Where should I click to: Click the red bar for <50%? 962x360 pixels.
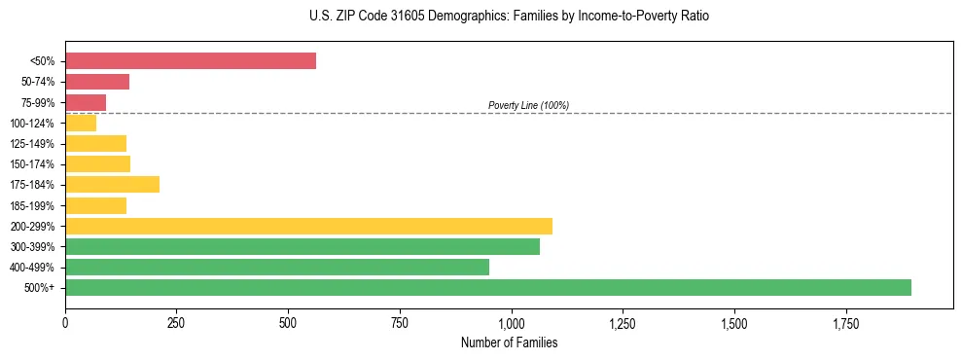pyautogui.click(x=191, y=61)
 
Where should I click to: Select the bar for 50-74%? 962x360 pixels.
pyautogui.click(x=97, y=82)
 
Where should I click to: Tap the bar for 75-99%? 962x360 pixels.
pyautogui.click(x=86, y=102)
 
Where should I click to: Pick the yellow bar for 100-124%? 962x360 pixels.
pyautogui.click(x=81, y=124)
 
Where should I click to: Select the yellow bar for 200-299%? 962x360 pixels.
pyautogui.click(x=308, y=226)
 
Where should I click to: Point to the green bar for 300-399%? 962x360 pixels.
pyautogui.click(x=303, y=247)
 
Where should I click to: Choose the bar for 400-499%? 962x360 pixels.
pyautogui.click(x=277, y=268)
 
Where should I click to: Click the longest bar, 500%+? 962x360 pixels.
pyautogui.click(x=488, y=288)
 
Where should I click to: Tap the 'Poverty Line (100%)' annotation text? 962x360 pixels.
pyautogui.click(x=528, y=105)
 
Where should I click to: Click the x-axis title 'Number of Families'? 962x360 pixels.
pyautogui.click(x=509, y=342)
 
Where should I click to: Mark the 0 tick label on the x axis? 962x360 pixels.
pyautogui.click(x=65, y=323)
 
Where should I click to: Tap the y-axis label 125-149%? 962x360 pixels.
pyautogui.click(x=32, y=144)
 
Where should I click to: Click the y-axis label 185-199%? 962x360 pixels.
pyautogui.click(x=32, y=205)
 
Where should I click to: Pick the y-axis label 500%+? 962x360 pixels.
pyautogui.click(x=40, y=288)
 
